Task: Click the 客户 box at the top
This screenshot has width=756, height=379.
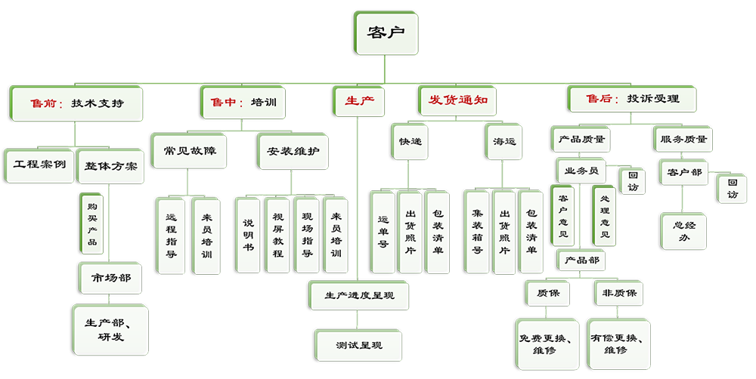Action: point(386,34)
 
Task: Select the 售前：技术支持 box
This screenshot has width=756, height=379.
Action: point(76,102)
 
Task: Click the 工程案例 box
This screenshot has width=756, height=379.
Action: point(39,165)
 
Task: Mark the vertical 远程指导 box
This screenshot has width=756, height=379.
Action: point(171,233)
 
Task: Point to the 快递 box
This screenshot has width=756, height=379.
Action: point(411,140)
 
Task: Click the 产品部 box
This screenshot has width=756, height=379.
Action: point(580,260)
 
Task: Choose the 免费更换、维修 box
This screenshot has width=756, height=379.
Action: point(545,342)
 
